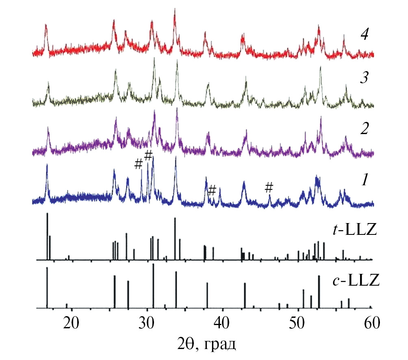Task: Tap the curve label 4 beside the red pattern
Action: [x=365, y=35]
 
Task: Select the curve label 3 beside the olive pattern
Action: [x=365, y=78]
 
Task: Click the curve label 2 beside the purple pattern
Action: [x=365, y=129]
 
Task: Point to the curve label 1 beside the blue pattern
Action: [x=365, y=179]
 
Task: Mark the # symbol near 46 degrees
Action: [x=269, y=187]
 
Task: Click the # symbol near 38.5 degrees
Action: [x=212, y=190]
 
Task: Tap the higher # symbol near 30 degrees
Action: [x=148, y=155]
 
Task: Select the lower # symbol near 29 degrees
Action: [x=139, y=164]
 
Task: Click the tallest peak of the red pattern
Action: [x=175, y=10]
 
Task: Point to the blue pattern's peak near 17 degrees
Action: [x=47, y=165]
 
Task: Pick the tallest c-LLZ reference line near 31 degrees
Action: [x=153, y=265]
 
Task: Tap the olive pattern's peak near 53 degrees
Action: [x=321, y=67]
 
